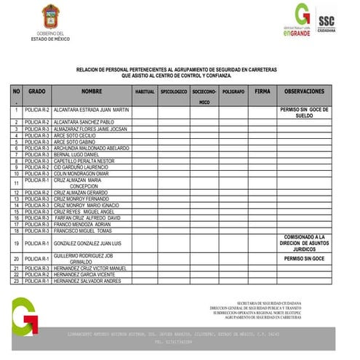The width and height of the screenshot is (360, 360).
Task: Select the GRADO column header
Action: [36, 92]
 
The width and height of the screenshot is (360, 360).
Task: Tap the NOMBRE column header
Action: [92, 92]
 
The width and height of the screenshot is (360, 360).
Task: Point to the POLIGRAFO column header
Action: [233, 92]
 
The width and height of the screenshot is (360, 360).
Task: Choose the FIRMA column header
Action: [263, 92]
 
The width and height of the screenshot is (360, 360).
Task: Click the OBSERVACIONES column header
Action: [304, 92]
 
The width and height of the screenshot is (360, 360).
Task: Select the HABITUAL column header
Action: [144, 92]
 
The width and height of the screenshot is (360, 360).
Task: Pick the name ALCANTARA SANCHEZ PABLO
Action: [84, 122]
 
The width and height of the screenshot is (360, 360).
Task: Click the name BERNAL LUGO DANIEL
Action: [76, 154]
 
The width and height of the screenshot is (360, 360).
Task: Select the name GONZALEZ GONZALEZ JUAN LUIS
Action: [87, 243]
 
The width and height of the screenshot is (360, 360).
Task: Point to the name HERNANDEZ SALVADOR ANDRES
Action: [87, 281]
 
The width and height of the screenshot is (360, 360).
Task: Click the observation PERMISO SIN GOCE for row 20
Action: [304, 258]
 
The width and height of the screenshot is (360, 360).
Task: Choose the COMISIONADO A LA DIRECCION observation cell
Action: [304, 243]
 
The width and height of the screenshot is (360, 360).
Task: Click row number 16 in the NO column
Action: [16, 218]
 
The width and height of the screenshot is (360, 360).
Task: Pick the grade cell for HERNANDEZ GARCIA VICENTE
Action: [36, 274]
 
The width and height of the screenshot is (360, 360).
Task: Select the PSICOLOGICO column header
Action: [174, 92]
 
